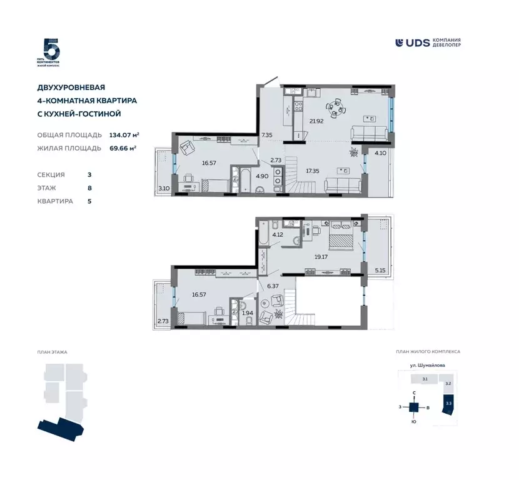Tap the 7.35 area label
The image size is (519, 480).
[x=266, y=135]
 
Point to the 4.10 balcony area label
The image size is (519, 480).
[x=380, y=152]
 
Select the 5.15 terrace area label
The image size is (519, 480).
[x=380, y=270]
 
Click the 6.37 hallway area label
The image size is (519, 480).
[x=272, y=287]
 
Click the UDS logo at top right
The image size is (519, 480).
[x=429, y=42]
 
